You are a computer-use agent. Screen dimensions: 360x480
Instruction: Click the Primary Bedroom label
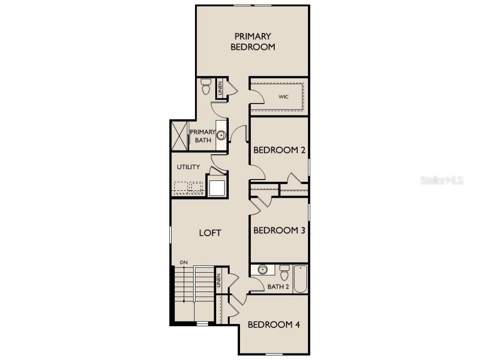[252, 41]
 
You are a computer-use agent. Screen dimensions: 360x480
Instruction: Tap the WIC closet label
[283, 97]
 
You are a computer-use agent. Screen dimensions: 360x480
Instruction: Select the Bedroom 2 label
[279, 150]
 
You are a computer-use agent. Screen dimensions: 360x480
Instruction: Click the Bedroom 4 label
[274, 324]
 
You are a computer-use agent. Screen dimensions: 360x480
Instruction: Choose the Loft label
[210, 232]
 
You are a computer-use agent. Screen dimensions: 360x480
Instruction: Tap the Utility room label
[188, 167]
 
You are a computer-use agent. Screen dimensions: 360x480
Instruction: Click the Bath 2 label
[278, 286]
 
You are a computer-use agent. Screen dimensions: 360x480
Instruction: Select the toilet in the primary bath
[206, 86]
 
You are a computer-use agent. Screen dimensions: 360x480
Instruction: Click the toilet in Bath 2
[285, 272]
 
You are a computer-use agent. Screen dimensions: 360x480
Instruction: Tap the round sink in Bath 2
[262, 270]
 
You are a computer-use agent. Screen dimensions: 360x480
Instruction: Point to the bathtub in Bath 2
[300, 279]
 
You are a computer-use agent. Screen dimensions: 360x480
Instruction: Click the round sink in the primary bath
[221, 136]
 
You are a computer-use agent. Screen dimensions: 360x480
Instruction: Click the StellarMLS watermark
[442, 180]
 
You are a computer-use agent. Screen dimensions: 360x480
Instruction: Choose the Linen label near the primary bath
[219, 89]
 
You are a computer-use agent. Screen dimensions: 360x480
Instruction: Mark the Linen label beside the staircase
[218, 281]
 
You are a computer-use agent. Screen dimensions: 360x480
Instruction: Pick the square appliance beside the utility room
[217, 187]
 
